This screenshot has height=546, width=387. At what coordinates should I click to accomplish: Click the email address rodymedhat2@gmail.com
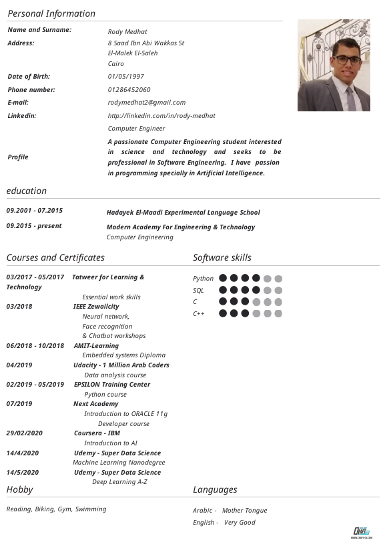147,102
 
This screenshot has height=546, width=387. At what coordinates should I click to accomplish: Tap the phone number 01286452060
129,89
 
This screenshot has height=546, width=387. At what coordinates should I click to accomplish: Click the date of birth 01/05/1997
126,77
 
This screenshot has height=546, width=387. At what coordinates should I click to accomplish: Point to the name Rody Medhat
127,31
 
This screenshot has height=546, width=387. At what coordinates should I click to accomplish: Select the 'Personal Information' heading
51,13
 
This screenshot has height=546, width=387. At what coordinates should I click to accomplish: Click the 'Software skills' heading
222,257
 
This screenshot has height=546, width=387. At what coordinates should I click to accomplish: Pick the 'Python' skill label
204,279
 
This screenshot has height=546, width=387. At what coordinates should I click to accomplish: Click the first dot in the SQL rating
223,290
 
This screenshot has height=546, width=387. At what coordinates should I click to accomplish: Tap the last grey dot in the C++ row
278,313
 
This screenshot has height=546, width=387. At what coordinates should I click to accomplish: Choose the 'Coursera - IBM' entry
97,433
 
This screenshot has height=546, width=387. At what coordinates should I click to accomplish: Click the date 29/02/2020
25,433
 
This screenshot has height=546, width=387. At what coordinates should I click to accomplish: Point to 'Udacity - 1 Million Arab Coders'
121,365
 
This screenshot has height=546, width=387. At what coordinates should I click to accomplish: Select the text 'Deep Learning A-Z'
119,482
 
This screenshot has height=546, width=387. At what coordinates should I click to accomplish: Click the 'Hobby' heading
19,490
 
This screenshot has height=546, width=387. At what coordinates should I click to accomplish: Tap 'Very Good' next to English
240,523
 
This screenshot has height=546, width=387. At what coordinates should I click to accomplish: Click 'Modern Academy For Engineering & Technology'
181,227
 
